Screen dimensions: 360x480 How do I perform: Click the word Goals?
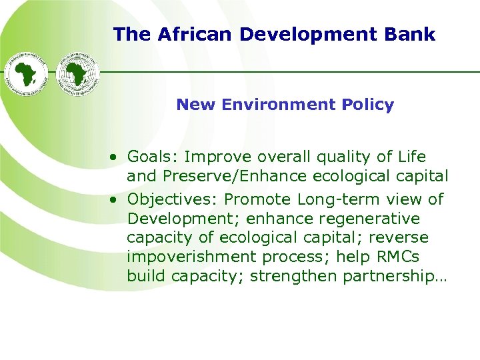coord(153,157)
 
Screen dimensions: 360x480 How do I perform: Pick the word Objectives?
coord(173,199)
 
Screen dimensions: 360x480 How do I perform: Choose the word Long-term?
coord(333,199)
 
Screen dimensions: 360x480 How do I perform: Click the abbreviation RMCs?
coord(405,257)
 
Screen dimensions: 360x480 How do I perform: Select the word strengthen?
coord(285,277)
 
